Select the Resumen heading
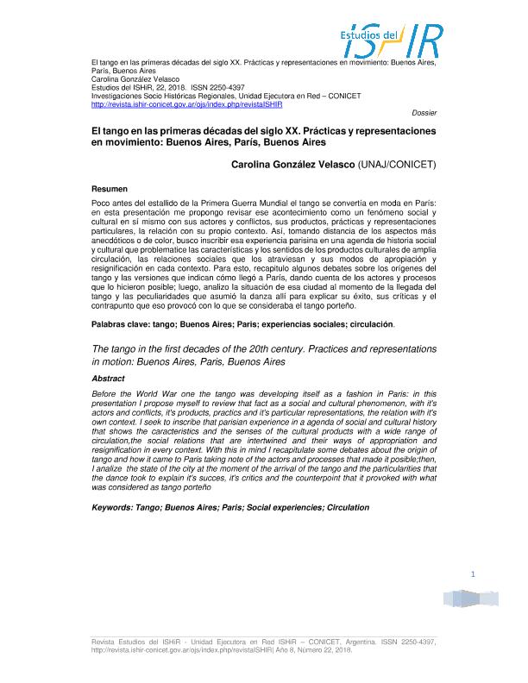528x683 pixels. pyautogui.click(x=110, y=188)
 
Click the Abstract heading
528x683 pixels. pyautogui.click(x=108, y=379)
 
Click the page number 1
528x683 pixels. pyautogui.click(x=473, y=574)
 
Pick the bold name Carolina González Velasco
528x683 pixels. pyautogui.click(x=293, y=163)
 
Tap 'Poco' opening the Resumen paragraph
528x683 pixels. pyautogui.click(x=102, y=202)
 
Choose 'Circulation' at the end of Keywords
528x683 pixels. pyautogui.click(x=348, y=507)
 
